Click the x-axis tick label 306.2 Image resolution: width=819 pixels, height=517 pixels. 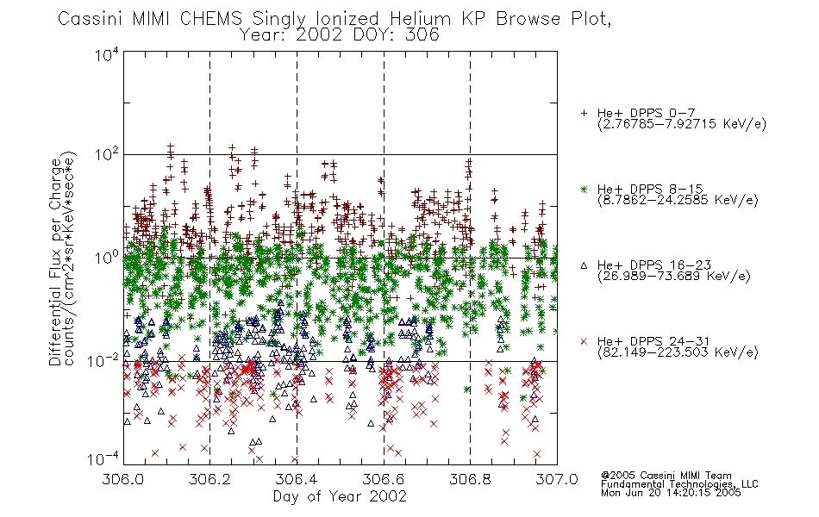coord(210,479)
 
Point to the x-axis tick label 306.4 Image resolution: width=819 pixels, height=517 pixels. coord(297,479)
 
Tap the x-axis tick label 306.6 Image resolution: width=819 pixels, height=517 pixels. coord(384,479)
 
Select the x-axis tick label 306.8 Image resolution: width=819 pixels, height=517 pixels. coord(471,479)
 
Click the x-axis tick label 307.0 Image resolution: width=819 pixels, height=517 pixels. coord(557,479)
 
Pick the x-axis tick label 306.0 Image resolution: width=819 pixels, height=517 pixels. coord(123,479)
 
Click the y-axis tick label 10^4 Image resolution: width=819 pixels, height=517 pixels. coord(107,54)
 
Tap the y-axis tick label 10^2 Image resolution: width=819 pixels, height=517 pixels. coord(107,155)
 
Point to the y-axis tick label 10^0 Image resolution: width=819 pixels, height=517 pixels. coord(107,258)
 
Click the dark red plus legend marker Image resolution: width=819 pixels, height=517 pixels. coord(584,113)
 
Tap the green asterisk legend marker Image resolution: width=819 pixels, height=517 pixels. coord(584,189)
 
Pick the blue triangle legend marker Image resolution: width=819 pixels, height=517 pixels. coord(584,265)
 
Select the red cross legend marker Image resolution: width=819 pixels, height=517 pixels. coord(584,341)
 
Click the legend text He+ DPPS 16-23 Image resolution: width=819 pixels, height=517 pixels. coord(654,265)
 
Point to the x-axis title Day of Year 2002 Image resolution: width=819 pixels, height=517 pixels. coord(340,496)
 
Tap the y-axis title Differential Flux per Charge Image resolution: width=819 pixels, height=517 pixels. coord(55,261)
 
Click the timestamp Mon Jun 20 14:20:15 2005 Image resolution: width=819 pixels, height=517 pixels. coord(671,493)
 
